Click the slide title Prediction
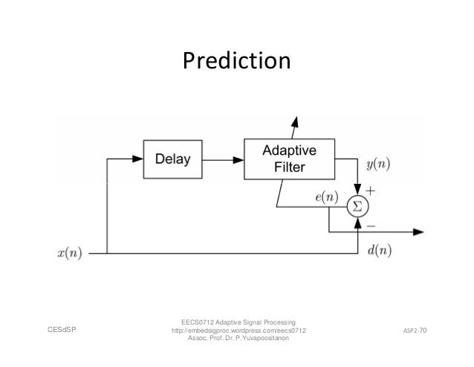point(236,60)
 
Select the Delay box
point(172,159)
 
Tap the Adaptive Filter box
point(288,159)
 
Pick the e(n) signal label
point(326,197)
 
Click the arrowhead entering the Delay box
point(138,159)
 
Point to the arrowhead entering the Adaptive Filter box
point(239,159)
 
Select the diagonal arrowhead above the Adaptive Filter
point(295,121)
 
